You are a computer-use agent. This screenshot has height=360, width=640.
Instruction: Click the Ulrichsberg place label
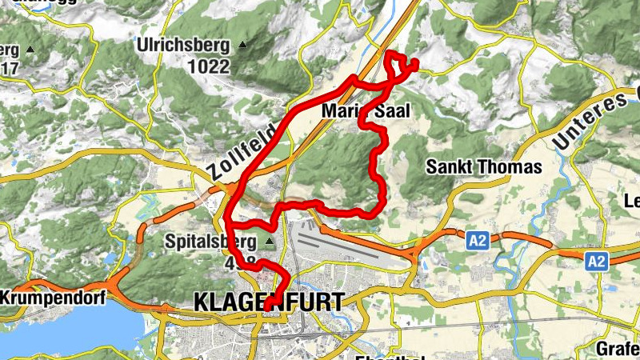tap(183, 46)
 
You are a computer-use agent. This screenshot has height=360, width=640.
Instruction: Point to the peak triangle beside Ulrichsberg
tap(242, 46)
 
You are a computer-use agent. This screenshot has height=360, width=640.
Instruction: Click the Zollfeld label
tap(246, 152)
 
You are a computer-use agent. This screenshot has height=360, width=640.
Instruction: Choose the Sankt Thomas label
tap(483, 167)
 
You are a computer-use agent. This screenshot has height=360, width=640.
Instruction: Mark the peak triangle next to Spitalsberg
tap(269, 241)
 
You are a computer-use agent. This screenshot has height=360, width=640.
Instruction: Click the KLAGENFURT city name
tap(269, 302)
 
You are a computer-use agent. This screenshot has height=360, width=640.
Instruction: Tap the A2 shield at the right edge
tap(595, 261)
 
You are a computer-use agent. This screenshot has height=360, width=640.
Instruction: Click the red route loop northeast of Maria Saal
tap(399, 66)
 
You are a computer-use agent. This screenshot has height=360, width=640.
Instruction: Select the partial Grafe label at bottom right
tap(618, 349)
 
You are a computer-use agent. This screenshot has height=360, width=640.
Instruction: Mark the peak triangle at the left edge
tap(30, 50)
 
